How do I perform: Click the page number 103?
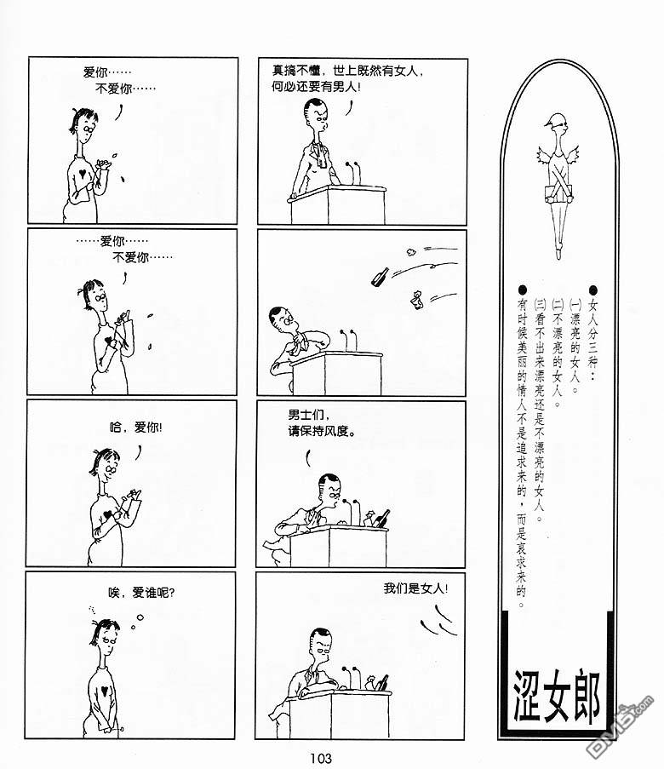tap(321, 758)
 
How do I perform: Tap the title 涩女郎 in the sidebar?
tap(557, 697)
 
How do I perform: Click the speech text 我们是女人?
tap(416, 588)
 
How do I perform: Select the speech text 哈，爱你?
tap(136, 428)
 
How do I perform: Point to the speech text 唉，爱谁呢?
tap(141, 593)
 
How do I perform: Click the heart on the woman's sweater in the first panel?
tap(84, 173)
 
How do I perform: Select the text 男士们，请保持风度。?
tap(321, 422)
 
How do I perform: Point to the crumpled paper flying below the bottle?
tap(417, 300)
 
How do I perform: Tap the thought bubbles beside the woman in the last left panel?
tap(136, 622)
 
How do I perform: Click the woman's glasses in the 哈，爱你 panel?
tap(112, 470)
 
